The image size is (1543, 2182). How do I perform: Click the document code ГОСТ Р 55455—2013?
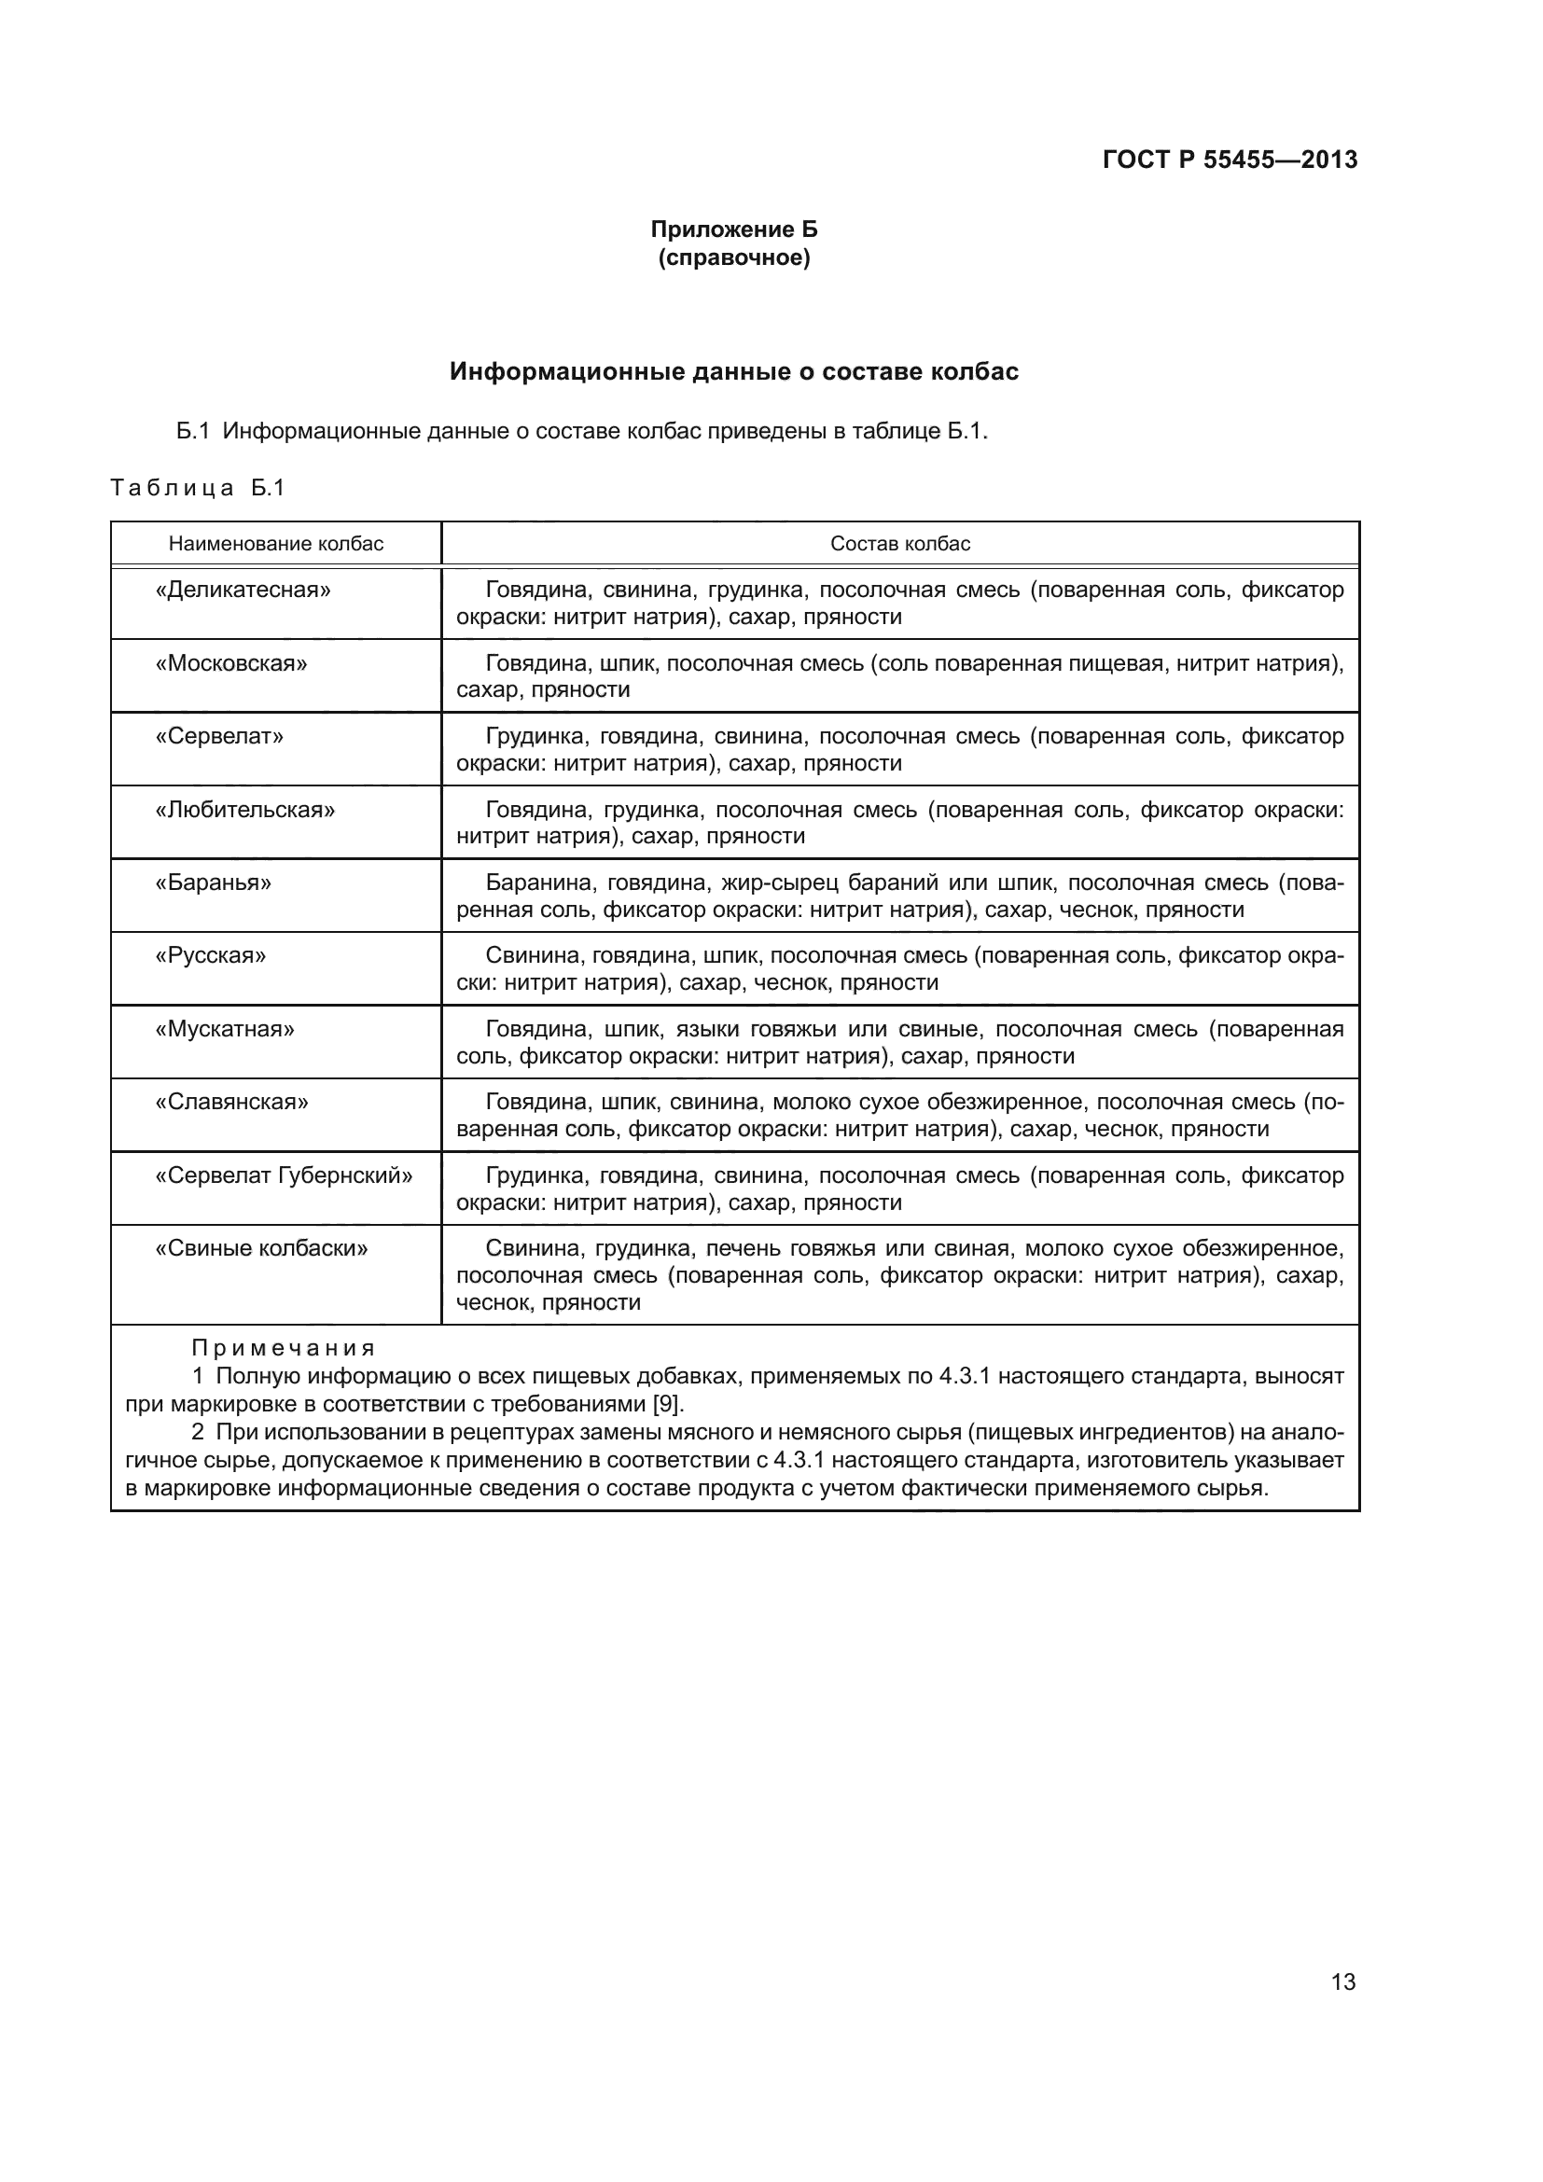(1230, 160)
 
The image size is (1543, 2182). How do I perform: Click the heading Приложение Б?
(733, 229)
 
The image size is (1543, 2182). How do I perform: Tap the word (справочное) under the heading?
(733, 257)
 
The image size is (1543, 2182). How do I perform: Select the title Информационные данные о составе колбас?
(733, 371)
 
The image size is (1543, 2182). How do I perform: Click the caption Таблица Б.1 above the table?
(198, 489)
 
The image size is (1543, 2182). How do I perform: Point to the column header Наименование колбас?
(275, 544)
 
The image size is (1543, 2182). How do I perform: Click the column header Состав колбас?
(899, 544)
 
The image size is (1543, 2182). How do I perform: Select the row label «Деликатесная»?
(243, 591)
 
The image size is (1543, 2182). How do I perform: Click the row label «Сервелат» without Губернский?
(218, 737)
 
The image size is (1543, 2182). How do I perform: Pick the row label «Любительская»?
(244, 810)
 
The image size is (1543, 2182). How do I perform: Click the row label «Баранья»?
(213, 883)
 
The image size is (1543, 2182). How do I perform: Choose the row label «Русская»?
(210, 956)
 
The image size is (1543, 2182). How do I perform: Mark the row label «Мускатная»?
(224, 1029)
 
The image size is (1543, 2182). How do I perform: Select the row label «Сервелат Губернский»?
(284, 1175)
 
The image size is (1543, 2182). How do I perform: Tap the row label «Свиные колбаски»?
(261, 1249)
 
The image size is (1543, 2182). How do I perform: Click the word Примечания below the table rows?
(284, 1349)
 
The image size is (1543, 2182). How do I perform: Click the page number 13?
(1342, 1982)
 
